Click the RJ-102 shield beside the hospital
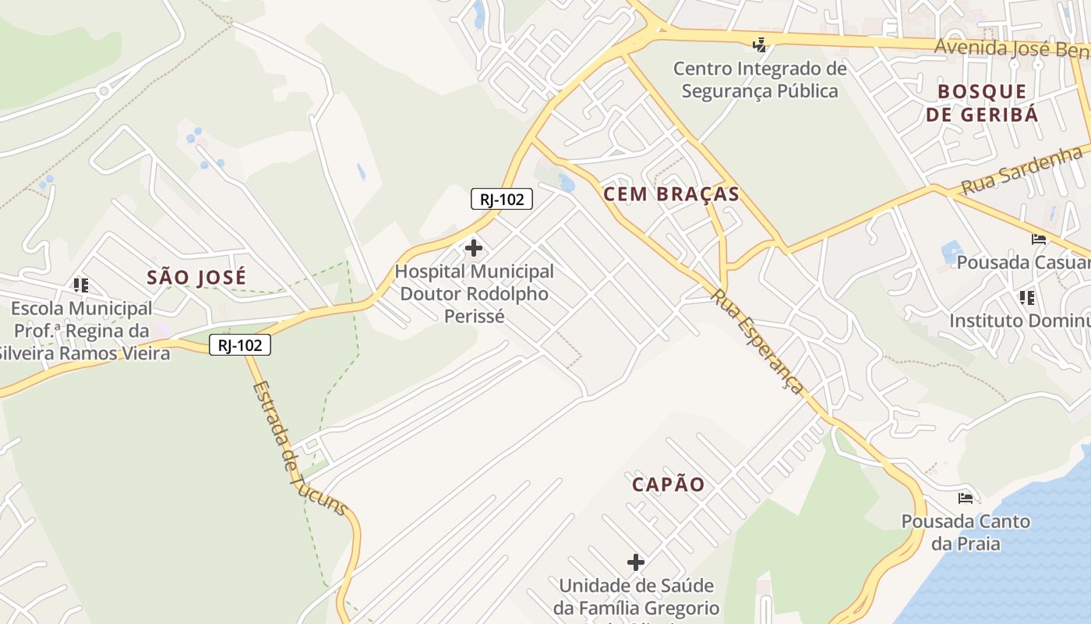click(x=501, y=200)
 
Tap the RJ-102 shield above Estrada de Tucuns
click(x=240, y=345)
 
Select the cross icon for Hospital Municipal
click(x=473, y=249)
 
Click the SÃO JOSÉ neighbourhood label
click(x=196, y=277)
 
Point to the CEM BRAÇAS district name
click(x=671, y=194)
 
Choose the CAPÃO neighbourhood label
click(x=668, y=484)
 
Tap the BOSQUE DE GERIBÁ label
click(x=982, y=103)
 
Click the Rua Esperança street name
click(x=757, y=341)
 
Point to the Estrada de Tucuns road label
click(x=299, y=448)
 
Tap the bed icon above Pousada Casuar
click(x=1038, y=239)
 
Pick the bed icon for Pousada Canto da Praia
click(x=966, y=498)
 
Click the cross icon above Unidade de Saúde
click(x=636, y=562)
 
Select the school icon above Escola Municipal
click(x=81, y=285)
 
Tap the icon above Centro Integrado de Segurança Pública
click(x=760, y=45)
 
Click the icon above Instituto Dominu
click(x=1026, y=297)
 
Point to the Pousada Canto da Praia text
click(x=966, y=532)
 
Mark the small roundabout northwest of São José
click(x=104, y=91)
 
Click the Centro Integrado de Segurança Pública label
click(x=760, y=80)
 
